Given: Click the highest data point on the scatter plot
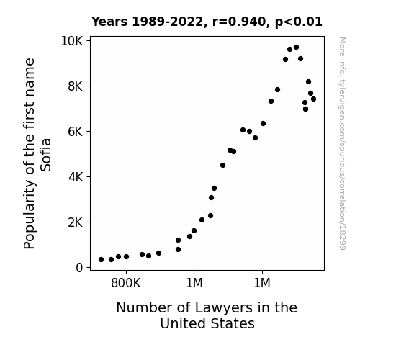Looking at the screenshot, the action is [x=296, y=48].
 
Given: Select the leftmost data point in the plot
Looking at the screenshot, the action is [x=101, y=260].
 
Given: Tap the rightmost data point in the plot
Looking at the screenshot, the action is [x=313, y=99].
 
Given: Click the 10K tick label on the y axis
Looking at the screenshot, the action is [x=72, y=41].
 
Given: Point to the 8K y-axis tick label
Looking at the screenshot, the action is [x=76, y=86].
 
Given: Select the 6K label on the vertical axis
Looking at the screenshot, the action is [x=76, y=132].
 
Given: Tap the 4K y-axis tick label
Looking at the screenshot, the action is [x=76, y=177].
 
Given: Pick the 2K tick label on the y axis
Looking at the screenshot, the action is [x=76, y=222].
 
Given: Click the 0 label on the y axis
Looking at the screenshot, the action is [x=79, y=268].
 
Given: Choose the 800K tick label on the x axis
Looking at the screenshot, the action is [x=126, y=283].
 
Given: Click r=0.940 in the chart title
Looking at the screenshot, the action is [x=239, y=22].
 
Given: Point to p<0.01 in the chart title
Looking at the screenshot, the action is [x=299, y=22].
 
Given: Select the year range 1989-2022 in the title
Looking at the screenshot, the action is [x=167, y=22].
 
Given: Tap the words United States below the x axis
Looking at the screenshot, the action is [x=207, y=323].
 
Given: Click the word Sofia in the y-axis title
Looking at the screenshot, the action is [x=45, y=155].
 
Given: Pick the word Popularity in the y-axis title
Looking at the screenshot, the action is [x=30, y=215].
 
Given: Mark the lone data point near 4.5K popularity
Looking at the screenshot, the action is [x=222, y=166].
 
